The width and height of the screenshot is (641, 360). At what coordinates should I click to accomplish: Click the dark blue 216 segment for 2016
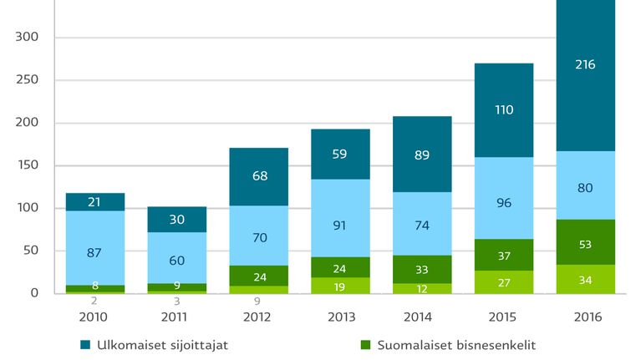(585, 76)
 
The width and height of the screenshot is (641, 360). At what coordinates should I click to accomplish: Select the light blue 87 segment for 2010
(95, 248)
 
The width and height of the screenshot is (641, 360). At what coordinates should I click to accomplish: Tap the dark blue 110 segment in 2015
(504, 110)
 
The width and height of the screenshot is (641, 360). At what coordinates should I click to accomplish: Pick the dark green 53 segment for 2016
(585, 242)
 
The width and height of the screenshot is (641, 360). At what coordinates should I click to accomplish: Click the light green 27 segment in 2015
(504, 282)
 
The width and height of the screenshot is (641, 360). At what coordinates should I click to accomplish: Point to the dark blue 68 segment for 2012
(259, 176)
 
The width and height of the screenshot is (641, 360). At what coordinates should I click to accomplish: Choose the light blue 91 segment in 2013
(340, 218)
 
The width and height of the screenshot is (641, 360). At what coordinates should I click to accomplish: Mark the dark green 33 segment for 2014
(422, 269)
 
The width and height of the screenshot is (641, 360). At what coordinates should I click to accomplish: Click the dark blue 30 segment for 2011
(177, 220)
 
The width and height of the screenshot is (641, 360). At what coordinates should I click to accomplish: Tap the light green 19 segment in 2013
(340, 286)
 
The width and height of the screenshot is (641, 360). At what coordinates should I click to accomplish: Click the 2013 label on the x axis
(341, 317)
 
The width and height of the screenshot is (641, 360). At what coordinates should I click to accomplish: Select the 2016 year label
(588, 317)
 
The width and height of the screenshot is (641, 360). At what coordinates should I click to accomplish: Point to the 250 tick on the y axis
(27, 79)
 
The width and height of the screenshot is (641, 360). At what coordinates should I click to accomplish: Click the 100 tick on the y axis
(28, 208)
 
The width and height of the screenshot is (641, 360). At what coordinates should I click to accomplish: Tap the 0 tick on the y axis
(34, 293)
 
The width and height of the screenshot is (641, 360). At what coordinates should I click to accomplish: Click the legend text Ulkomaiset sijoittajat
(162, 345)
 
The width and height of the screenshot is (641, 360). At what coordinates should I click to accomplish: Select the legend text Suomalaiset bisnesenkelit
(456, 345)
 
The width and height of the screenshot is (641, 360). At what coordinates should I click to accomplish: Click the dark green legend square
(365, 345)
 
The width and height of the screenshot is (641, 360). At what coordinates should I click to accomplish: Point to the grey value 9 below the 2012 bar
(257, 302)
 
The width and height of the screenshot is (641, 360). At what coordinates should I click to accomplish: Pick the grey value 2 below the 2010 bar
(94, 301)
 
